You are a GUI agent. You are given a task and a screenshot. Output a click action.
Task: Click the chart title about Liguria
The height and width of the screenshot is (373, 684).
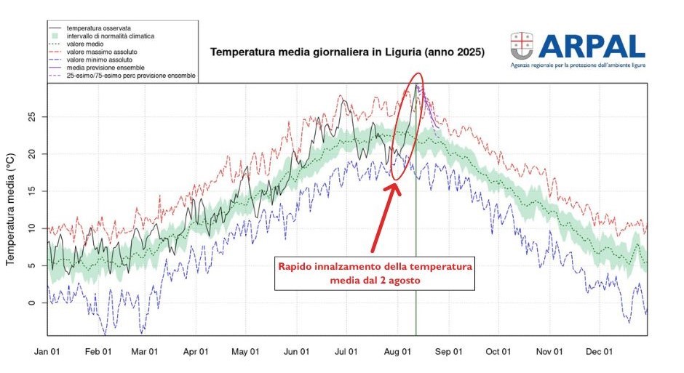click(x=347, y=53)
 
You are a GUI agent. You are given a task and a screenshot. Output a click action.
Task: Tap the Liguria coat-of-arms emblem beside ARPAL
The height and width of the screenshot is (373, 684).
click(x=522, y=47)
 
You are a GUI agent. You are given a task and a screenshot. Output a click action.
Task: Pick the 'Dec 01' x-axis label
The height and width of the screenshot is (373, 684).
click(x=599, y=351)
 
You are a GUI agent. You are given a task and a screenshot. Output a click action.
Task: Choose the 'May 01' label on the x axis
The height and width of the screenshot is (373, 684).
click(x=246, y=351)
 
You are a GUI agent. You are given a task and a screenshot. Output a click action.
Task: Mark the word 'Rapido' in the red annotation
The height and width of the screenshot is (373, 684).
click(x=297, y=267)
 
